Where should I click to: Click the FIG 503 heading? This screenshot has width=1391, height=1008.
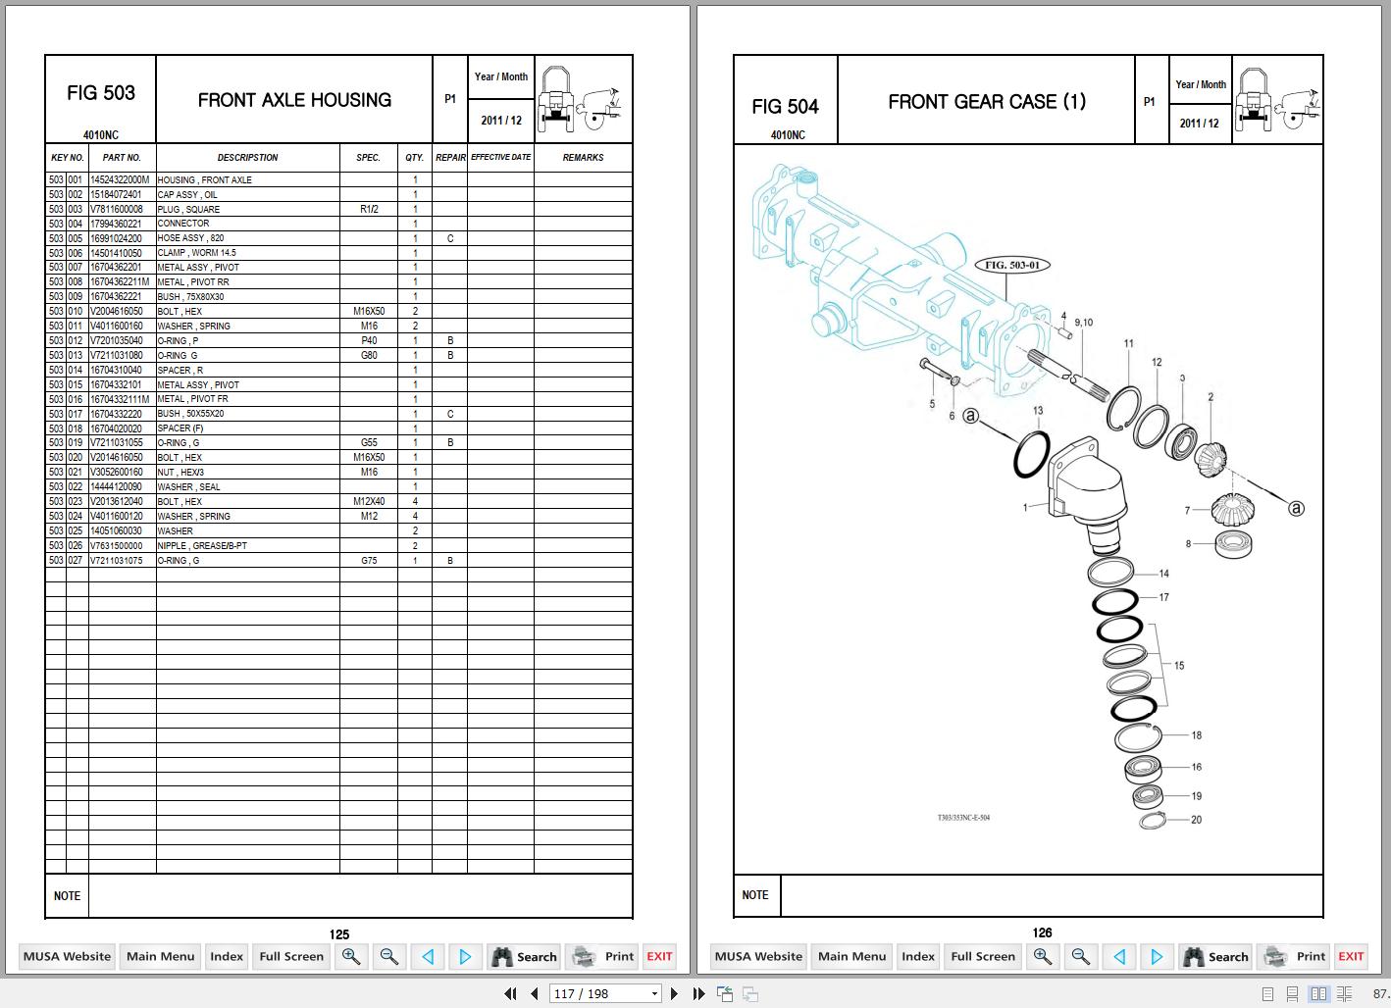pyautogui.click(x=101, y=93)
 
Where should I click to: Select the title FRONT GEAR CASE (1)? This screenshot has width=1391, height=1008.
pyautogui.click(x=986, y=102)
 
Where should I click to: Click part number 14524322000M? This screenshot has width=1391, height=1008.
pyautogui.click(x=120, y=180)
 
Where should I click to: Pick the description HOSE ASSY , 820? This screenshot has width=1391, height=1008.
pyautogui.click(x=190, y=238)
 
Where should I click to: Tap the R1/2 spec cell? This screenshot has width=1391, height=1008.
pyautogui.click(x=369, y=209)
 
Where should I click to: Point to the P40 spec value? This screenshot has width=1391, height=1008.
pyautogui.click(x=369, y=340)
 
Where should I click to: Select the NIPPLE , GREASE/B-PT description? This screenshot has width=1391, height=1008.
pyautogui.click(x=202, y=545)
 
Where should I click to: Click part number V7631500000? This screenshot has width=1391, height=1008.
pyautogui.click(x=116, y=545)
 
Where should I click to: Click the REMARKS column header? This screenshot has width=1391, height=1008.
pyautogui.click(x=583, y=158)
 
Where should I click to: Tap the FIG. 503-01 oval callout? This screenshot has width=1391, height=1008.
pyautogui.click(x=1011, y=265)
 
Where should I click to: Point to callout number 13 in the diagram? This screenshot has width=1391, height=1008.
pyautogui.click(x=1038, y=411)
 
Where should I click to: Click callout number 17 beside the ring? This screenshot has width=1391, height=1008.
pyautogui.click(x=1163, y=597)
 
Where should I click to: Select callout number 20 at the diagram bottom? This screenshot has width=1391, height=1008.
pyautogui.click(x=1196, y=820)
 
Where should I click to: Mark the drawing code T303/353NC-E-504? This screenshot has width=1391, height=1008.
pyautogui.click(x=962, y=817)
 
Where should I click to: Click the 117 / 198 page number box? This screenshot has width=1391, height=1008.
pyautogui.click(x=605, y=993)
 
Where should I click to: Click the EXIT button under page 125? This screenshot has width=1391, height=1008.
pyautogui.click(x=659, y=956)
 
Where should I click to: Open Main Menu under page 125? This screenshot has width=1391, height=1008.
pyautogui.click(x=161, y=956)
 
